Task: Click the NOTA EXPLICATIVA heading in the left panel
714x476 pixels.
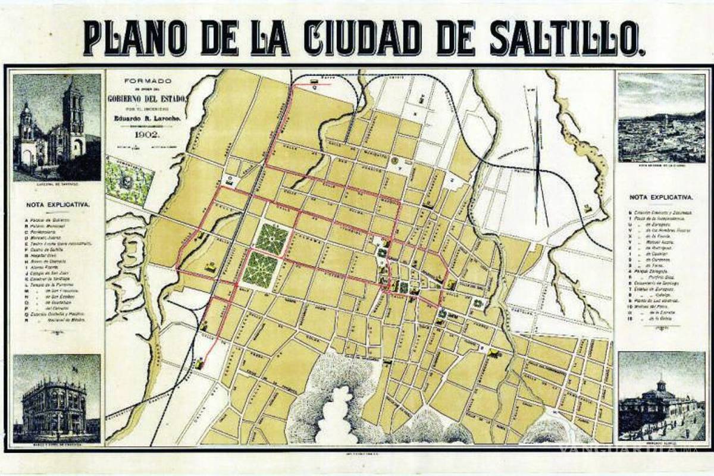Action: pyautogui.click(x=58, y=204)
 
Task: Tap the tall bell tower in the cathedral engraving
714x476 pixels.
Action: pyautogui.click(x=74, y=119)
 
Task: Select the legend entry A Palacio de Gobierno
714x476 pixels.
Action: pyautogui.click(x=57, y=218)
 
